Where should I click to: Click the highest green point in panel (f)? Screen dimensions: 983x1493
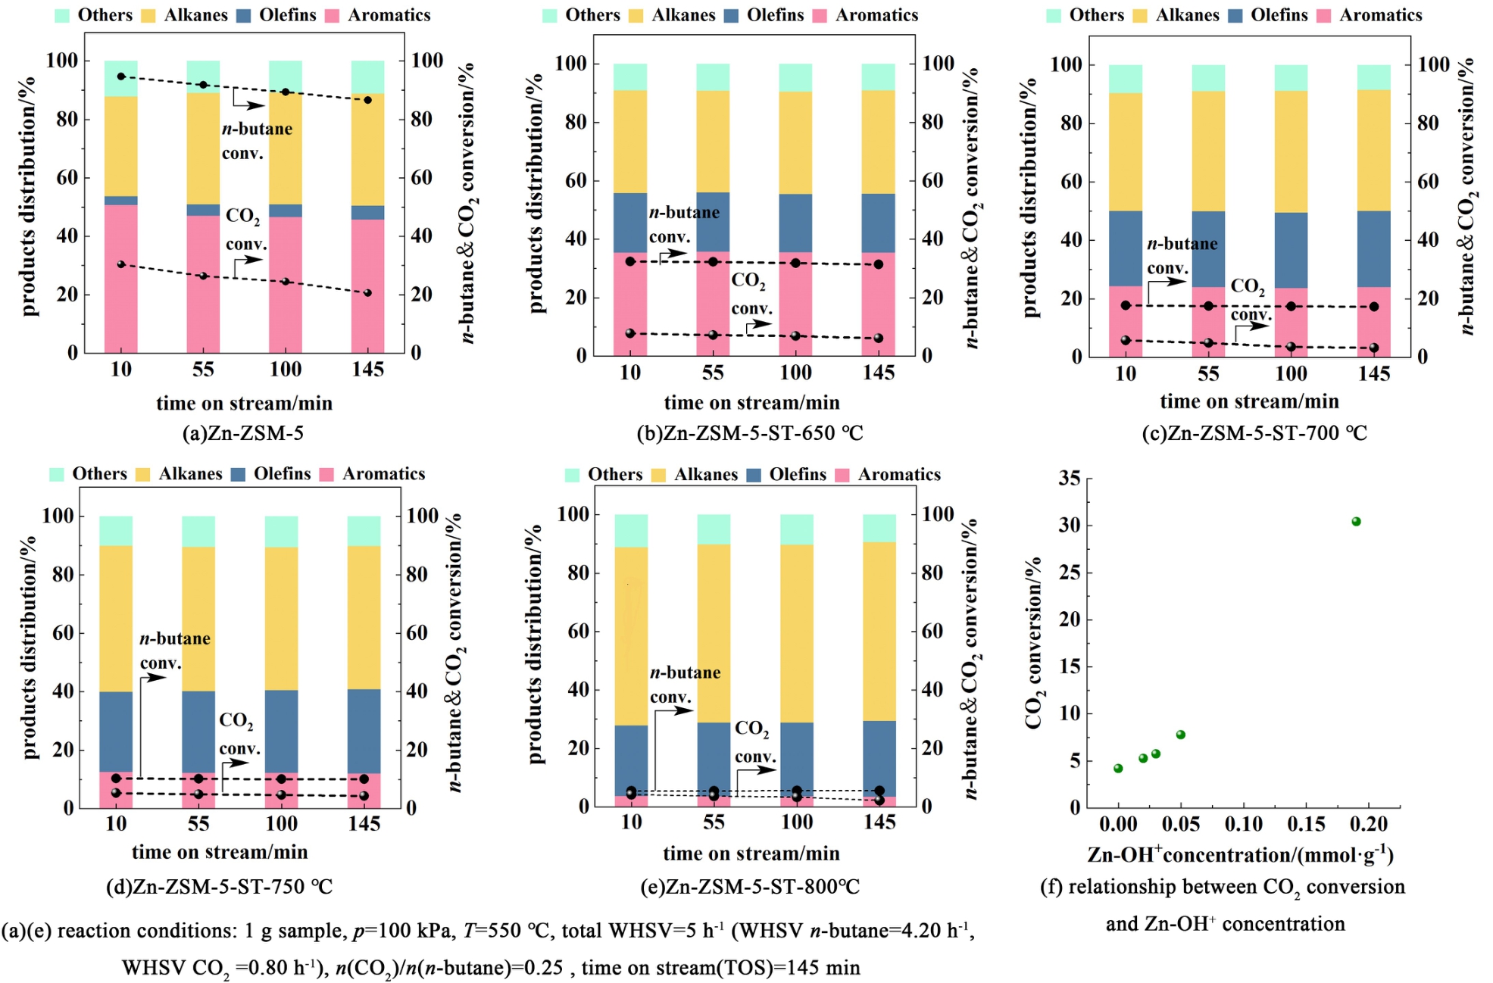point(1356,521)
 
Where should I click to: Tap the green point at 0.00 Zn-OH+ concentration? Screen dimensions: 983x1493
point(1118,768)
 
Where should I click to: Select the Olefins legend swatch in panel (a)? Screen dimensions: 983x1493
point(243,15)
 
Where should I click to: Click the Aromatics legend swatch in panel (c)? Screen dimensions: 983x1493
point(1323,15)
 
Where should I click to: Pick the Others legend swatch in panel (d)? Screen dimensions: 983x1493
point(57,474)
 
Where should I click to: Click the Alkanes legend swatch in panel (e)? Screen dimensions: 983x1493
point(658,475)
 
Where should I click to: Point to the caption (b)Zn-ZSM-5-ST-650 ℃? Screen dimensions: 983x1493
point(749,432)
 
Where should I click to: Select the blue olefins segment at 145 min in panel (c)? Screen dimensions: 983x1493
point(1373,248)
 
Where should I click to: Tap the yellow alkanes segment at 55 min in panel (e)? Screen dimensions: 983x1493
point(714,632)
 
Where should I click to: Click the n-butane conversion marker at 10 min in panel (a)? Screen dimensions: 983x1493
point(121,76)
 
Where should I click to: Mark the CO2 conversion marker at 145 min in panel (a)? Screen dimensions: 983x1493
point(367,292)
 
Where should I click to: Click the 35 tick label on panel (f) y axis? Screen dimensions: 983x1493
point(1070,478)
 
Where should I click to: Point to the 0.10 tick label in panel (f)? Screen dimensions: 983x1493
point(1243,824)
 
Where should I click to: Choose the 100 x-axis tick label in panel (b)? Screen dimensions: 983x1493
point(795,373)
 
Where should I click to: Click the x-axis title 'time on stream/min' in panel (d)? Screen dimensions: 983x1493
point(220,852)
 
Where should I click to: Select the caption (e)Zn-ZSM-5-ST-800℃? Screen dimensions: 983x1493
point(750,886)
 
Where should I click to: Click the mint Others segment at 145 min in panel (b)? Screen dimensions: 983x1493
point(878,77)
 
